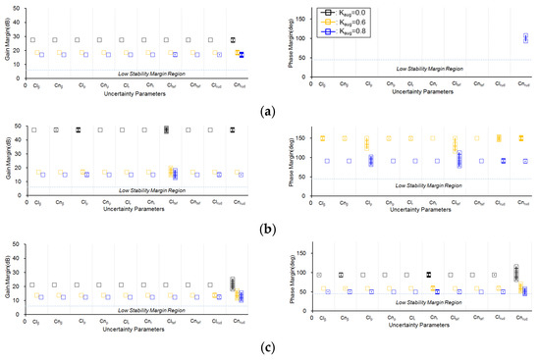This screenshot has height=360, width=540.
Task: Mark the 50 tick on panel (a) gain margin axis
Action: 19,8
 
